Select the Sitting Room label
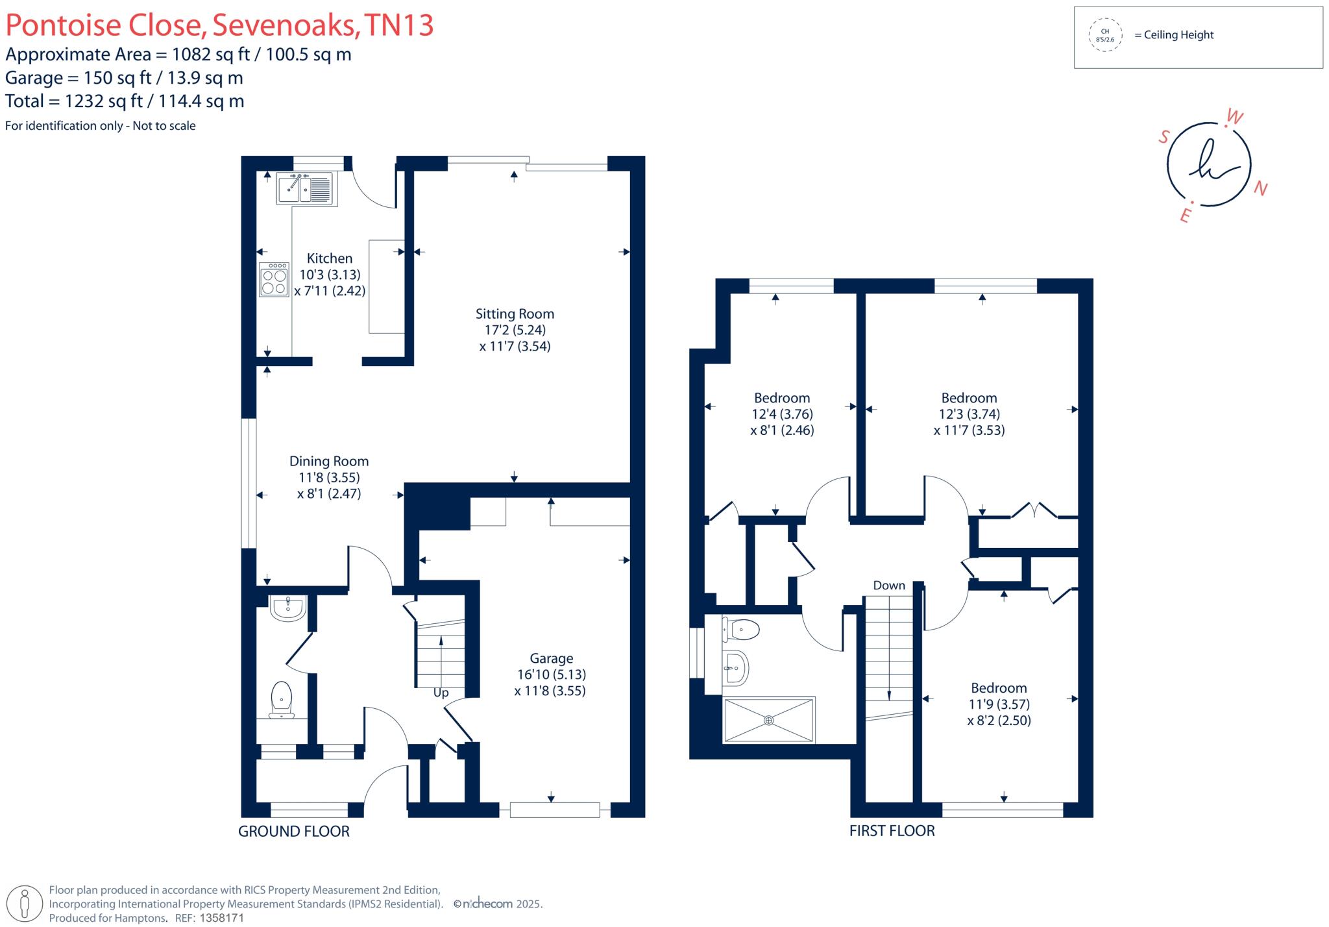(x=515, y=314)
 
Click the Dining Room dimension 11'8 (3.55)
(x=329, y=477)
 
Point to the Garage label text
(x=551, y=658)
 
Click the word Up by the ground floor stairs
(x=441, y=693)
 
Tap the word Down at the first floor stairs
(x=888, y=585)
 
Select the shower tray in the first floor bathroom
(x=768, y=719)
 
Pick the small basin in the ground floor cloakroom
(x=287, y=608)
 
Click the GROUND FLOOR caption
(x=294, y=831)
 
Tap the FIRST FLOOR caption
(x=892, y=830)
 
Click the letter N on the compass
(x=1260, y=188)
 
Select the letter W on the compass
(x=1234, y=117)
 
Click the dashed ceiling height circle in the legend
(x=1104, y=35)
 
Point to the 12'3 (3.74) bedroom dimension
(x=969, y=414)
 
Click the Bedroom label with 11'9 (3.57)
(x=998, y=687)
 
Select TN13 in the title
(x=398, y=25)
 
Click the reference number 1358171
(x=221, y=918)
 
